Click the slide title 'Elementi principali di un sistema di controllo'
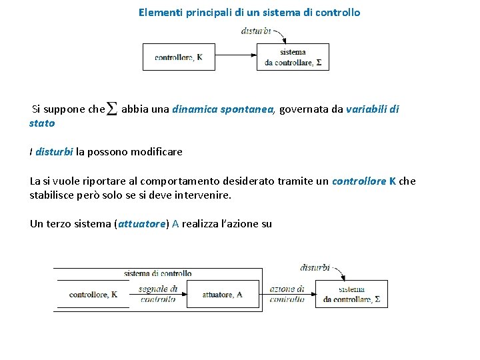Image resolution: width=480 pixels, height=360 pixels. click(x=249, y=12)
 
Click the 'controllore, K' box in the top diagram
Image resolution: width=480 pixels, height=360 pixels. click(x=179, y=57)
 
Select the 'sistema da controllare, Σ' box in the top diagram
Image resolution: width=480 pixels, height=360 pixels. click(x=293, y=57)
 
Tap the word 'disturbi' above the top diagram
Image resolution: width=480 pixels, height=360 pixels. click(x=256, y=31)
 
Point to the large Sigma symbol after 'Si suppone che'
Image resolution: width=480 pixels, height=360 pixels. click(x=112, y=109)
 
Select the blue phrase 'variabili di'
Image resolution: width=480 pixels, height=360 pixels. click(x=373, y=109)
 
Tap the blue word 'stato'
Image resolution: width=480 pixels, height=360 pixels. click(x=42, y=123)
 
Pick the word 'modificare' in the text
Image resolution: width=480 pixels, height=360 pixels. click(x=157, y=152)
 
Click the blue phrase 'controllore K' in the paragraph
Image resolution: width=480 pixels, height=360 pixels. click(x=364, y=181)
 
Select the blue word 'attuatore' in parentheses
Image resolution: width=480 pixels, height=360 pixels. click(x=141, y=224)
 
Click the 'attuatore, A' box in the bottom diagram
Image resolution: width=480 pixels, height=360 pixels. click(x=223, y=294)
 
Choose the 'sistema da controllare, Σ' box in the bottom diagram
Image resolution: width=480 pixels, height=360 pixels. click(x=351, y=294)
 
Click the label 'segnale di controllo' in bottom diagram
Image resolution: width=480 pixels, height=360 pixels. click(x=159, y=294)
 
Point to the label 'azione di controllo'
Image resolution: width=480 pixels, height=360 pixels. click(x=287, y=294)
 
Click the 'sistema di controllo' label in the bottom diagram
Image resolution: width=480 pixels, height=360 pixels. click(x=157, y=273)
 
